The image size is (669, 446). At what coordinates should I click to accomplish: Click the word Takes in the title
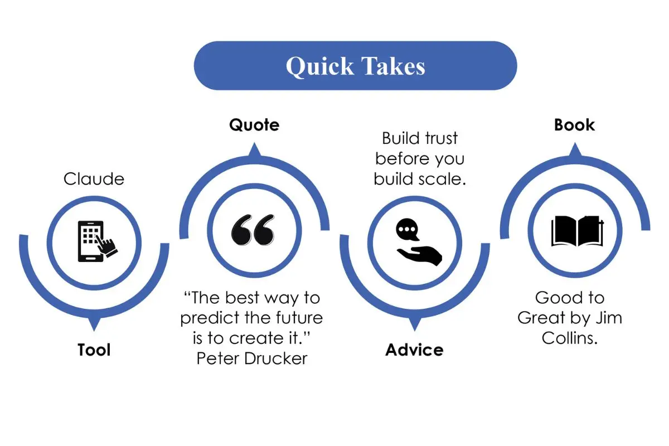[x=394, y=66]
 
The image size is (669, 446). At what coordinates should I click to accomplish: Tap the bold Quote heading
[x=254, y=125]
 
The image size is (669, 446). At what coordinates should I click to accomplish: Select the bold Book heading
[x=574, y=124]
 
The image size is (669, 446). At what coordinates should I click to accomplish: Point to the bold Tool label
[x=94, y=350]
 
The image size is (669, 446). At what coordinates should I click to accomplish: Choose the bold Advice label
[x=414, y=350]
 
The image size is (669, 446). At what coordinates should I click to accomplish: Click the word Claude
[x=94, y=179]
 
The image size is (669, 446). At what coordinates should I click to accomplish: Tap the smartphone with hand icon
[x=98, y=241]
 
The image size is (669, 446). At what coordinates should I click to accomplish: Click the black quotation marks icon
[x=253, y=230]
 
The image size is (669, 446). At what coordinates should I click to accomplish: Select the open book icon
[x=577, y=231]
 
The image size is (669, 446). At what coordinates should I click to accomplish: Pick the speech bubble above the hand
[x=408, y=230]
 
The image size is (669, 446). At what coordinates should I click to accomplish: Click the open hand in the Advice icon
[x=420, y=255]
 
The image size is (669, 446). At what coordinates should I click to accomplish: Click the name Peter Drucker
[x=252, y=358]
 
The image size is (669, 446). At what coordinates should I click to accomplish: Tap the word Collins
[x=570, y=338]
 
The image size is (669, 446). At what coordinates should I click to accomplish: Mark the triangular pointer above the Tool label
[x=94, y=323]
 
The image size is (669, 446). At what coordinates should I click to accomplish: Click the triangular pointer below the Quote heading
[x=254, y=149]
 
